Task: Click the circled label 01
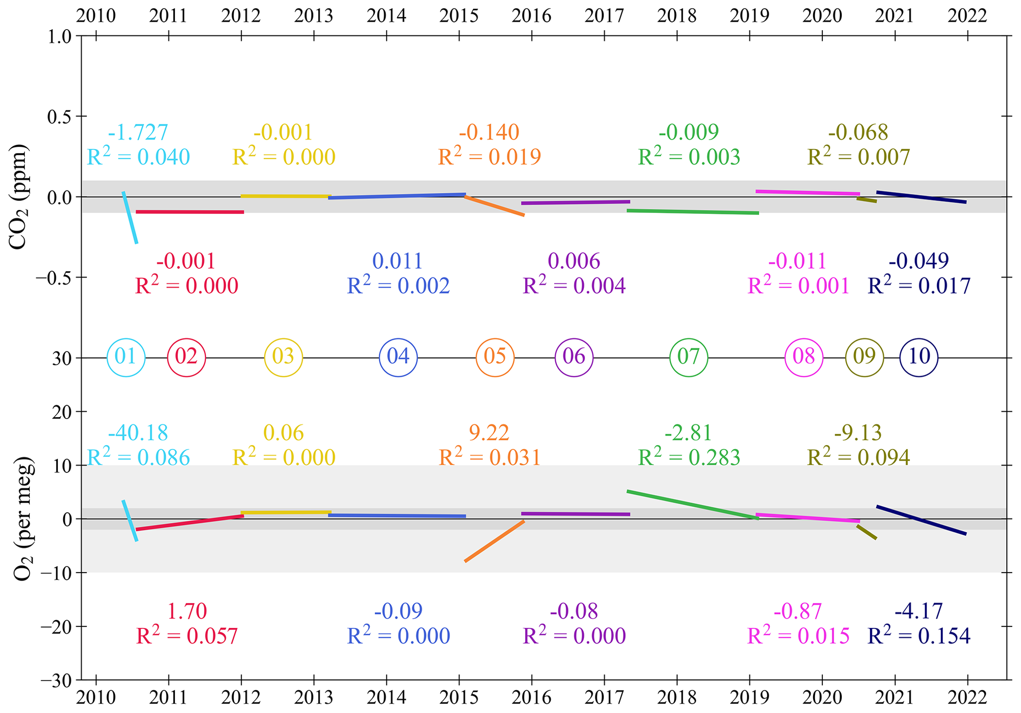click(x=126, y=357)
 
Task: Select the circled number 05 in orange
click(x=495, y=357)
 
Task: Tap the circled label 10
click(x=918, y=357)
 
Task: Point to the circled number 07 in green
click(x=689, y=357)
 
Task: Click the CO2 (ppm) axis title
click(x=19, y=197)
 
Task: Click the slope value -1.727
click(x=138, y=132)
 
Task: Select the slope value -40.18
click(x=138, y=433)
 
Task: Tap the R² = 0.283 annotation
click(x=689, y=458)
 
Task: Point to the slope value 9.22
click(x=489, y=433)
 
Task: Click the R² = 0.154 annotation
click(x=919, y=636)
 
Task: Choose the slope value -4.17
click(x=919, y=611)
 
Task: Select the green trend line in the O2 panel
click(x=692, y=504)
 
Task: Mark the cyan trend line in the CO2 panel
click(x=130, y=217)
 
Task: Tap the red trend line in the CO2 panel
click(x=190, y=211)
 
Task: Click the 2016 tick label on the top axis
click(x=531, y=16)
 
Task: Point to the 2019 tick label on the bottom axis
click(x=749, y=698)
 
